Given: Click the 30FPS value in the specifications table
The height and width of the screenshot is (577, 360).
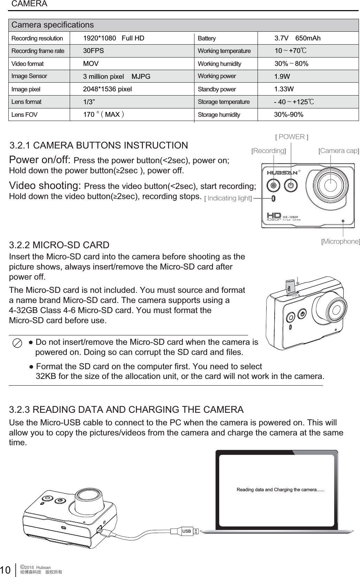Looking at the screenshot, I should pos(93,51).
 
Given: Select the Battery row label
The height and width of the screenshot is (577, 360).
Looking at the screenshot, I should pos(207,38).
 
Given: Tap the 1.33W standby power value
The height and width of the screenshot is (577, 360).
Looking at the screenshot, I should pos(284,89).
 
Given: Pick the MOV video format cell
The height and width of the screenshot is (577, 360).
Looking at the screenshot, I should pos(91,64).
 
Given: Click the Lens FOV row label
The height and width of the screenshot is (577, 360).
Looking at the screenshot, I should pos(24,115).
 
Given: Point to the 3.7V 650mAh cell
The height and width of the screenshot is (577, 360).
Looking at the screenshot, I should pos(297,38).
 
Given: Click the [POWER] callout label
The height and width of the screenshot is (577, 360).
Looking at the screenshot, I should pos(292,137).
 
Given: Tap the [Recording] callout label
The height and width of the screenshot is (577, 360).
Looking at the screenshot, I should pos(268,151).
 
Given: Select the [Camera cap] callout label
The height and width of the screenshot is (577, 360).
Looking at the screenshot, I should pos(339,151).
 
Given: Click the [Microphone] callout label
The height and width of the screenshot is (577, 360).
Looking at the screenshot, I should pos(340,241).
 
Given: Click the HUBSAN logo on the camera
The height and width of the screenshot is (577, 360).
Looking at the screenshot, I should pos(282,173).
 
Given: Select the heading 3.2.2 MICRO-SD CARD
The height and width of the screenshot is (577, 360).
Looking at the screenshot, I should pos(59,245).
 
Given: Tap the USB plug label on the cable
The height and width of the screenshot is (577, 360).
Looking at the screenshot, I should pos(187,531).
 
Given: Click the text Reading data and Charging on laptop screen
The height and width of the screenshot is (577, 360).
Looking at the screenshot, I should pos(280,490).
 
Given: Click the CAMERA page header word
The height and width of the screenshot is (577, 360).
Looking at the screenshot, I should pos(29,4).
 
